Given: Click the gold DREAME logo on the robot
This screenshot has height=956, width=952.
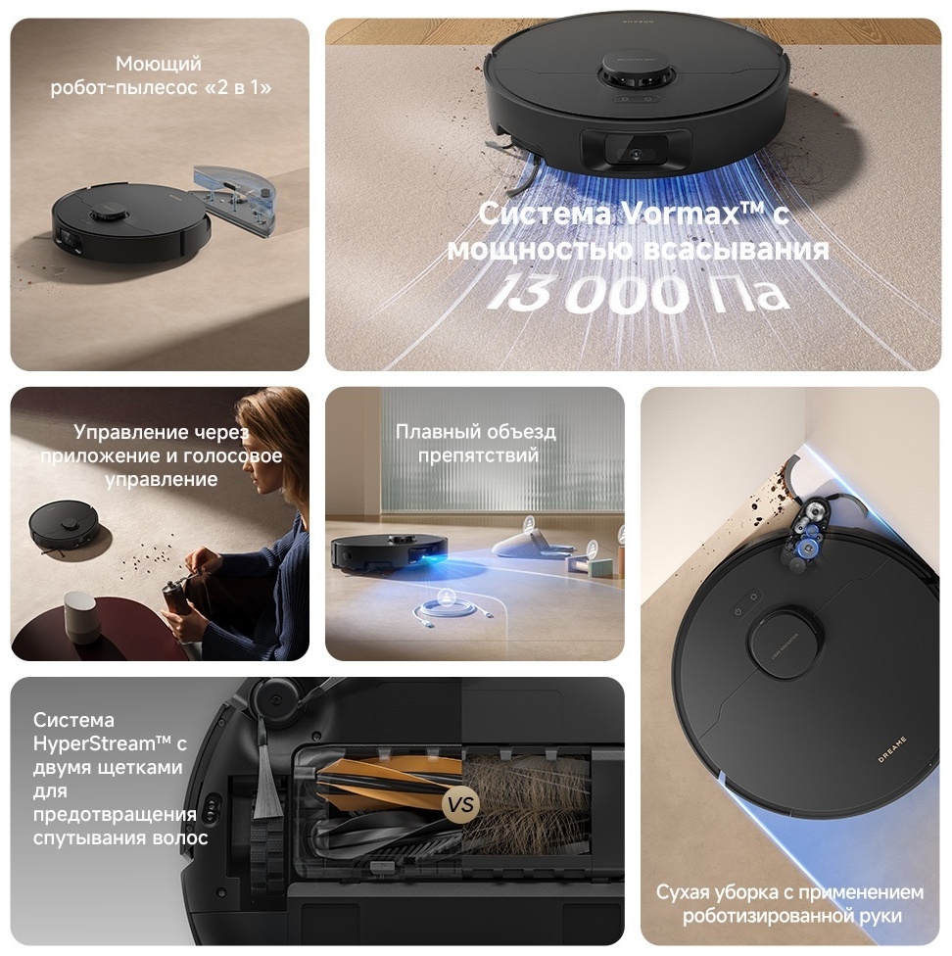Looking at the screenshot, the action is [x=892, y=749].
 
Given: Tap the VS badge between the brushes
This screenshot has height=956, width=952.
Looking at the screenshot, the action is [x=460, y=804].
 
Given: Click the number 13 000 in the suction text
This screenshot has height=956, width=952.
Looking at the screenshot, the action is [x=588, y=293].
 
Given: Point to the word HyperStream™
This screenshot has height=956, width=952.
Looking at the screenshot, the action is [x=94, y=743].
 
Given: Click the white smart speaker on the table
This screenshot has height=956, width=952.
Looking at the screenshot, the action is [x=80, y=615].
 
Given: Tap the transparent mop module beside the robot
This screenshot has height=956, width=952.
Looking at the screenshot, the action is [x=236, y=199].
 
